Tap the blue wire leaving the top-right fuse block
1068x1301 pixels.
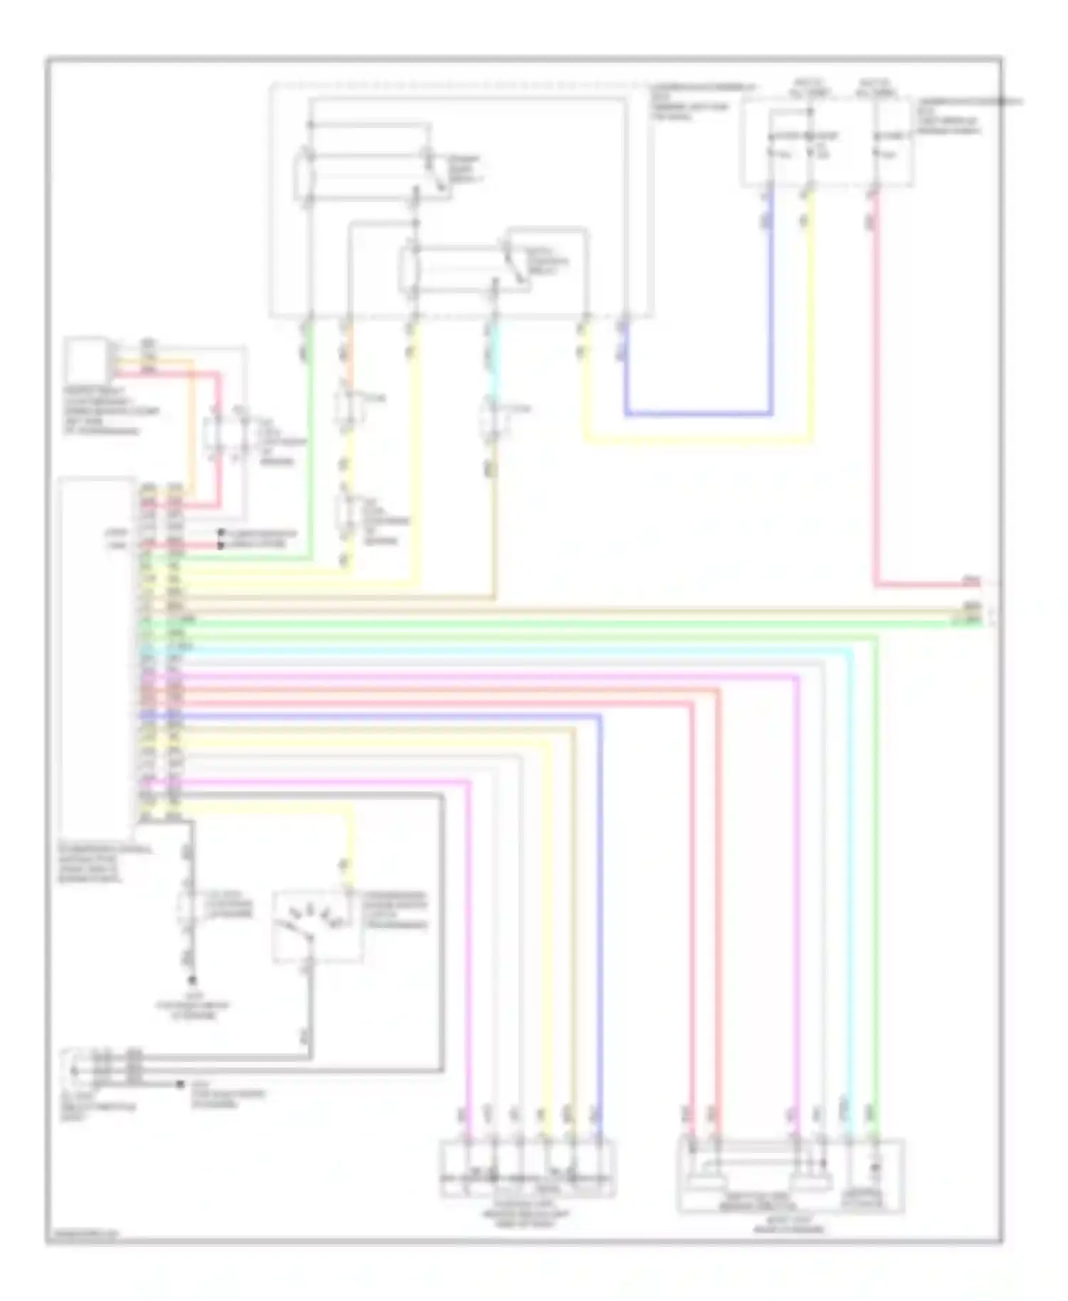pyautogui.click(x=770, y=299)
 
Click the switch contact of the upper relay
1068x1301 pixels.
pyautogui.click(x=436, y=171)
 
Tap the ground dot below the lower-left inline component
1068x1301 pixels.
pyautogui.click(x=191, y=980)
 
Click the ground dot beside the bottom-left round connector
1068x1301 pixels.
pyautogui.click(x=179, y=1084)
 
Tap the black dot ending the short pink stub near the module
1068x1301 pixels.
pyautogui.click(x=221, y=545)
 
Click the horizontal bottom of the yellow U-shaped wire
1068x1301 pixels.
pyautogui.click(x=698, y=441)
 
